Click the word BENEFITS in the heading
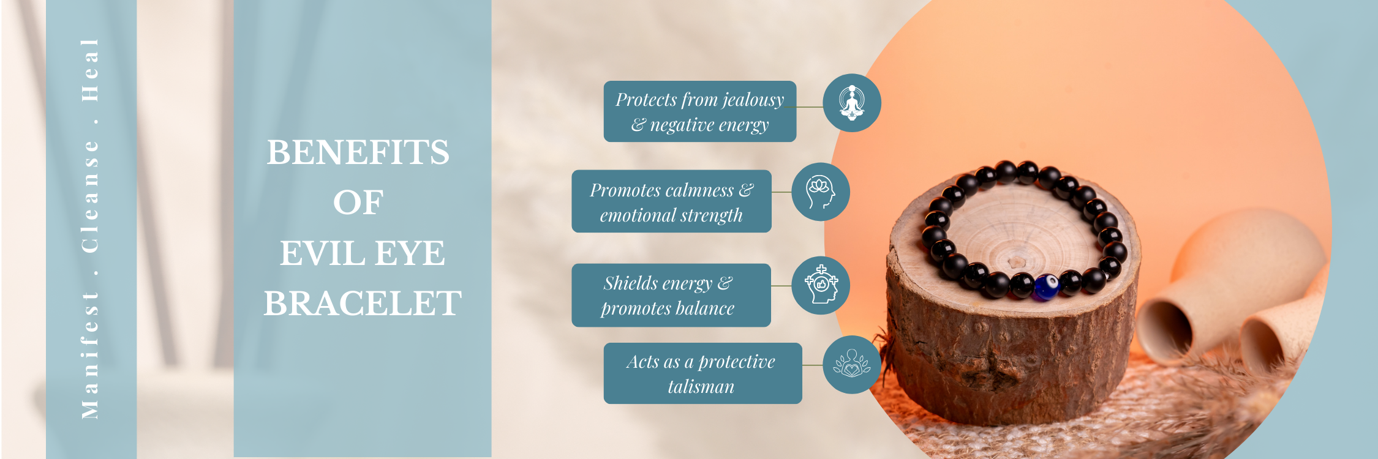point(358,152)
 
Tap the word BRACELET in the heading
point(363,303)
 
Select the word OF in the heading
point(358,203)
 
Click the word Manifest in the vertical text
point(90,354)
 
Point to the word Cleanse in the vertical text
point(90,196)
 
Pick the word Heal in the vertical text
point(90,70)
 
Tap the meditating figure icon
point(851,102)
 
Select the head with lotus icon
point(821,192)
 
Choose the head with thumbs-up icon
point(821,285)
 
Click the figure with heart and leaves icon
point(851,364)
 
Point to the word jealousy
point(753,100)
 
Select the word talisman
point(701,387)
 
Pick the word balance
point(704,308)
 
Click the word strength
point(711,215)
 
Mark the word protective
point(737,362)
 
